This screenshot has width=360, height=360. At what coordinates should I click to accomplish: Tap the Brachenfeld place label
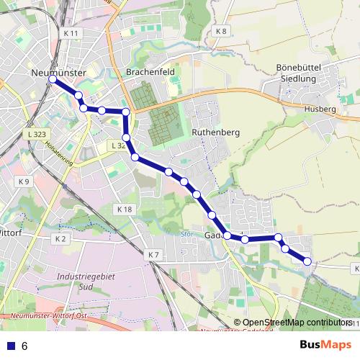click(x=150, y=73)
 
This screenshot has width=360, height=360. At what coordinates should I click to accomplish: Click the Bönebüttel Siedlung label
click(x=302, y=72)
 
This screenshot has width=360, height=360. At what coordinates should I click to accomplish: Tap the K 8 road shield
click(x=221, y=31)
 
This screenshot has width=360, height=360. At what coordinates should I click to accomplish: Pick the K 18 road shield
click(x=124, y=209)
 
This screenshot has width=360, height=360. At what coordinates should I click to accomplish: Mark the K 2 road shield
click(x=60, y=238)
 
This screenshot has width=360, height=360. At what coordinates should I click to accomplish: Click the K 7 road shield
click(x=153, y=255)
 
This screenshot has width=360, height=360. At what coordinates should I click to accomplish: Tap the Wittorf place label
click(x=12, y=233)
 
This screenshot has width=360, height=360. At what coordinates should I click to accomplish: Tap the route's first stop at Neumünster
click(x=53, y=81)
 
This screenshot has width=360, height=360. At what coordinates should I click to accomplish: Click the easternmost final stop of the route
click(x=308, y=261)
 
